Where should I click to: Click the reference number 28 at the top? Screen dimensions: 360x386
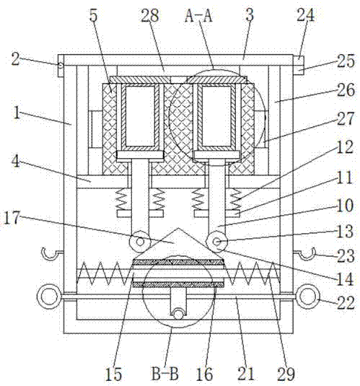150,15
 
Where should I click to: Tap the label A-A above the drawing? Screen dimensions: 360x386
198,15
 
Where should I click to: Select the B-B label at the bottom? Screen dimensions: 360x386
165,374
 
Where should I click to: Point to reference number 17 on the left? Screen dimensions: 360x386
12,218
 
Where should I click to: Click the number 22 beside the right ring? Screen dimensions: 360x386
346,302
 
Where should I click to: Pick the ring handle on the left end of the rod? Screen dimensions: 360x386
48,297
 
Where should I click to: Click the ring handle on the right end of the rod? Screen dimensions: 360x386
308,296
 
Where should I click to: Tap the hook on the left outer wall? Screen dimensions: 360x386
51,253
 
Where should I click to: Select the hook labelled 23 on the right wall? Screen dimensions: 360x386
305,253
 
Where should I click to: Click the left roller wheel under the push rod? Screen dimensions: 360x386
140,242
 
